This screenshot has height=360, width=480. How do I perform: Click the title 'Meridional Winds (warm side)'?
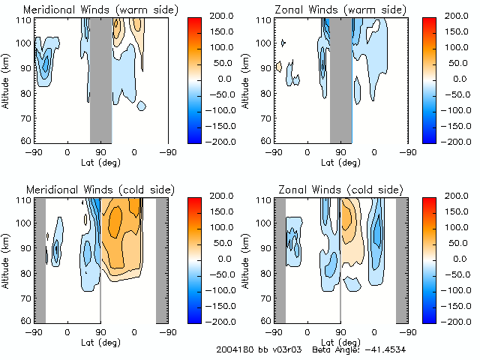[100, 10]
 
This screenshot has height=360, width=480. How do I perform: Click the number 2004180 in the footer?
[232, 350]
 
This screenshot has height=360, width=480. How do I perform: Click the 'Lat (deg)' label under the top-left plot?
[100, 161]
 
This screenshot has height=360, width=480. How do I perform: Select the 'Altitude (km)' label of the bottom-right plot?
[246, 259]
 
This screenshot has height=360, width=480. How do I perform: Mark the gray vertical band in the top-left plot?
[100, 79]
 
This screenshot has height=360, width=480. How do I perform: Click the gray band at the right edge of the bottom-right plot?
[402, 259]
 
